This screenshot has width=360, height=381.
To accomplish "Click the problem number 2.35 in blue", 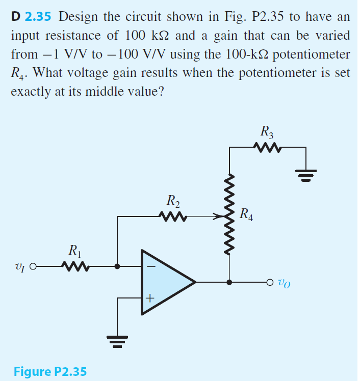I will point(38,16).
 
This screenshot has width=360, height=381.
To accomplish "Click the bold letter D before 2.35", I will point(16,16).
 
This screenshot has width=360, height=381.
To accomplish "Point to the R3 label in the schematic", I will point(267,132).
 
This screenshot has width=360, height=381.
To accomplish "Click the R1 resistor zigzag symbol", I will point(74,266).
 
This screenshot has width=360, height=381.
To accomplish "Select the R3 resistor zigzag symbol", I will point(267,148).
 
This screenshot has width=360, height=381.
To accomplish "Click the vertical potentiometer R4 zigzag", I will point(229,214).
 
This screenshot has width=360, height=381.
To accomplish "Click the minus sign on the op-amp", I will point(150,266).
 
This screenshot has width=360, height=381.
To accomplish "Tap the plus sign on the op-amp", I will point(150,298).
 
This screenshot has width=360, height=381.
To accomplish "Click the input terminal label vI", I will point(20,266).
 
